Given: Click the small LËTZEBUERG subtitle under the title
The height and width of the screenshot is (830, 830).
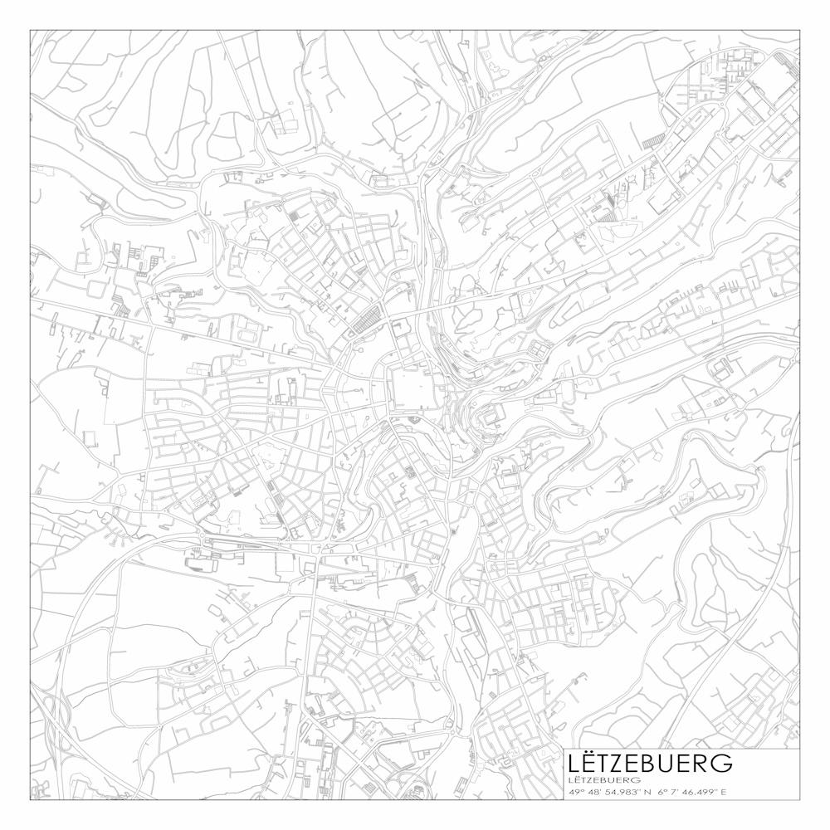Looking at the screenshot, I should click(604, 780).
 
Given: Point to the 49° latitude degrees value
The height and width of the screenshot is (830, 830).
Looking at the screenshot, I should click(576, 792).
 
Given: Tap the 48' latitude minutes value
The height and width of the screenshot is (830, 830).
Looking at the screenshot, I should click(595, 792).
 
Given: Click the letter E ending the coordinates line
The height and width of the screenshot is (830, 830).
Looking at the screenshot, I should click(725, 792).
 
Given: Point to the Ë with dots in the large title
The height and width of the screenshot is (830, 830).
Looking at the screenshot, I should click(592, 763).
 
